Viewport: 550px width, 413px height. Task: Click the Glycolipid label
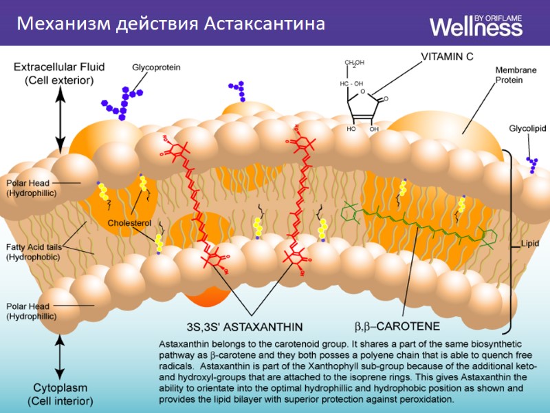[x=527, y=129]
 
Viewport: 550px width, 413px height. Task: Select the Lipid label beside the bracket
[x=530, y=244]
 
